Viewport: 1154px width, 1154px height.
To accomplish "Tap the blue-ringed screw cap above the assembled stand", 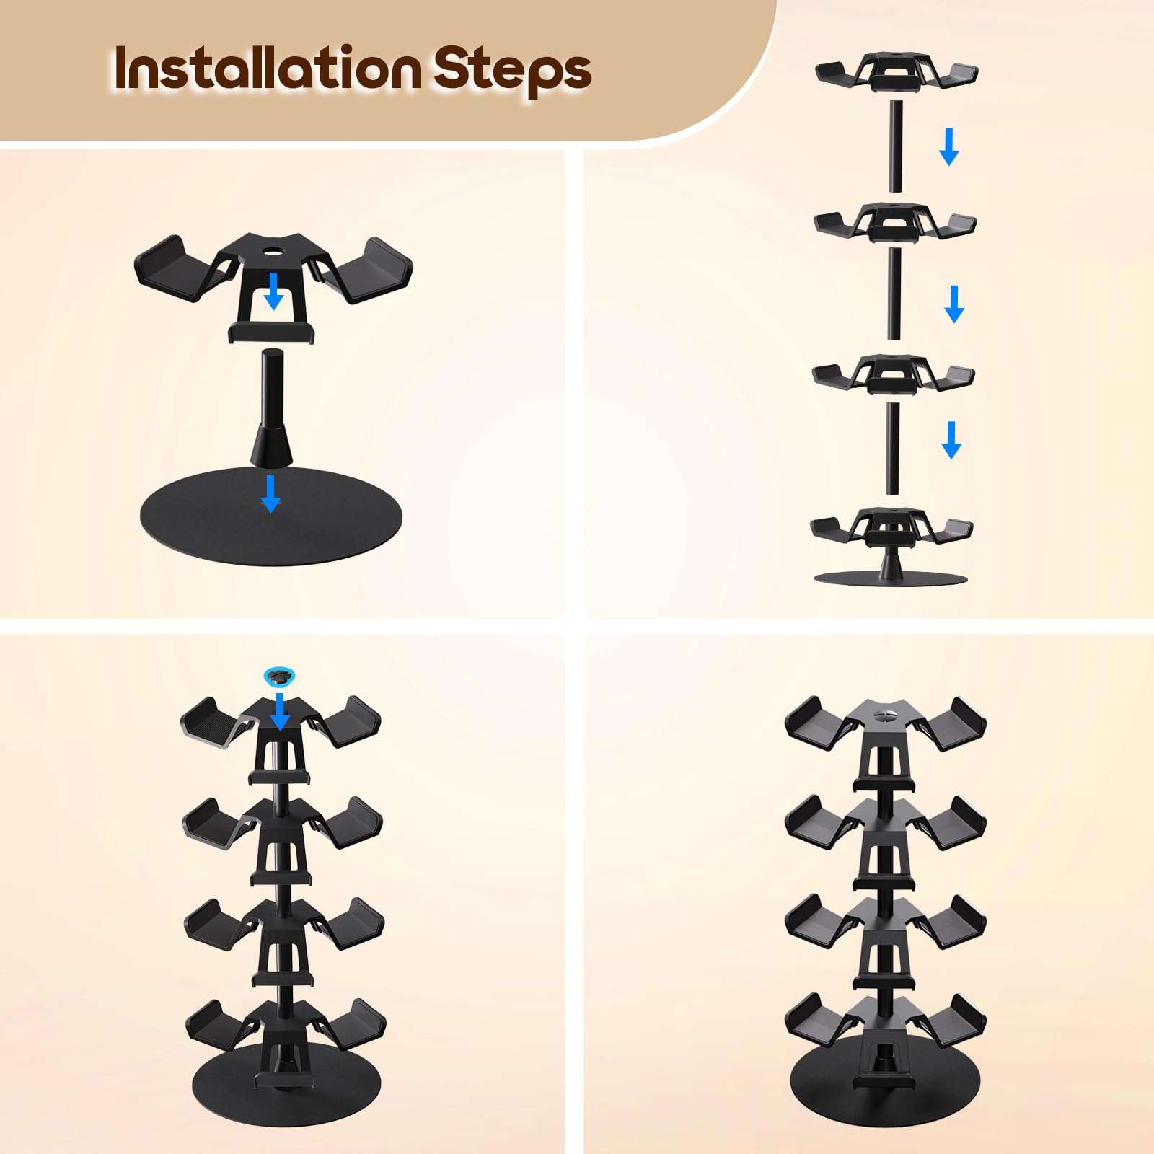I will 279,676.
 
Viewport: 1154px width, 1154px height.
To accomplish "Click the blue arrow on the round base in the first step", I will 270,493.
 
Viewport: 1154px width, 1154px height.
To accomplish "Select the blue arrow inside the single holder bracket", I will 273,290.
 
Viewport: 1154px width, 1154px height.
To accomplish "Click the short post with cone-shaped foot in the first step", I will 272,408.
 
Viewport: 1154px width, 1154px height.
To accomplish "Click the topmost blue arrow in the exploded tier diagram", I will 949,146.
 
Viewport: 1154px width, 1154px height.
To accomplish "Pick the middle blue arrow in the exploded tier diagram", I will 954,304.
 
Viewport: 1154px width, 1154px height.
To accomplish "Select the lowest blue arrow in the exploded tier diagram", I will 951,440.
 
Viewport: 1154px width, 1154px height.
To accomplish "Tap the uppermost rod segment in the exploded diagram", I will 896,146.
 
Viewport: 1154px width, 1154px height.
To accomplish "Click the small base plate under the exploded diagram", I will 890,578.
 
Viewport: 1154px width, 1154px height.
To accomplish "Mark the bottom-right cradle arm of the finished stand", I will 956,1021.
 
